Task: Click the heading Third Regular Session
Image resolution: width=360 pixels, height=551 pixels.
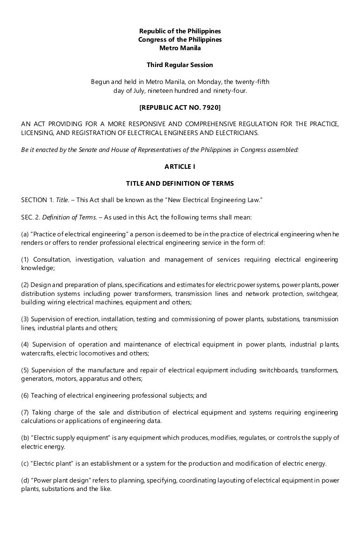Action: tap(180, 65)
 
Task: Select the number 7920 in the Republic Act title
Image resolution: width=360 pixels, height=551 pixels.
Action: tap(209, 107)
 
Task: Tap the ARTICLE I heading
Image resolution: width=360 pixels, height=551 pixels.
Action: tap(180, 166)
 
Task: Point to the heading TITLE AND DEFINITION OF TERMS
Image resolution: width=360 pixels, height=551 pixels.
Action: tap(180, 183)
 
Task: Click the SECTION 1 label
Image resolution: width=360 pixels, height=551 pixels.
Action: tap(37, 200)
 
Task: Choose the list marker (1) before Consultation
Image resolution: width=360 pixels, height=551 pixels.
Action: tap(25, 259)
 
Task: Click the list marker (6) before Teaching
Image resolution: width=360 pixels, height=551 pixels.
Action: tap(25, 395)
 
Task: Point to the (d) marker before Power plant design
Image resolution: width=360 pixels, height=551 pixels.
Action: tap(25, 480)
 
